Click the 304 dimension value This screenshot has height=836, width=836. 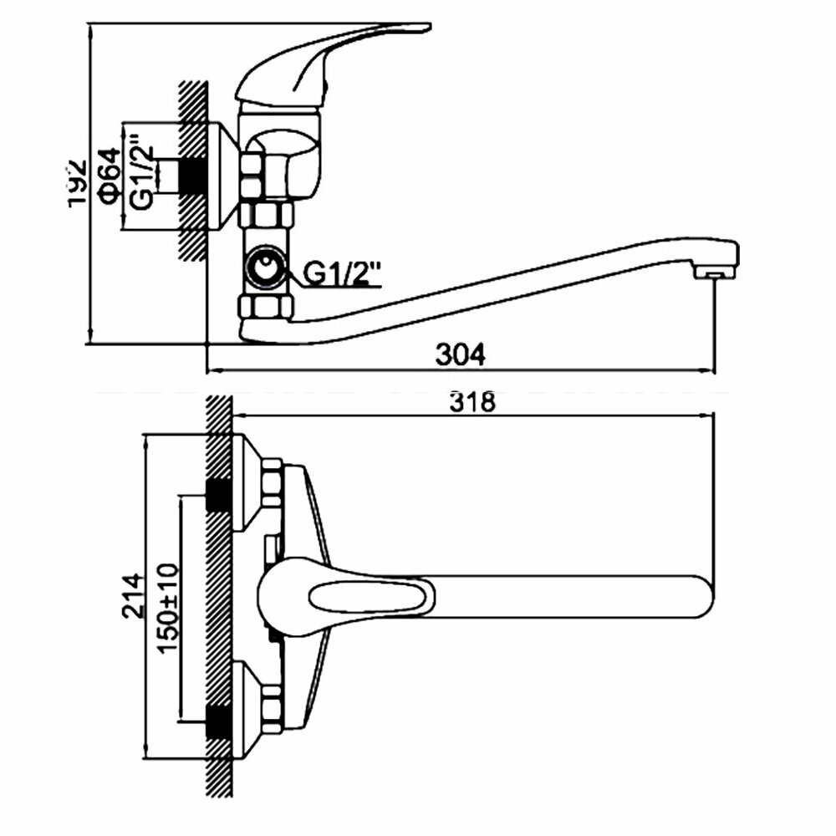460,354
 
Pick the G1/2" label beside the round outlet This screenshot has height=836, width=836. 342,273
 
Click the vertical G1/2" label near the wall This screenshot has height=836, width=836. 142,176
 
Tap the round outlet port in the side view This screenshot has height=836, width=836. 266,271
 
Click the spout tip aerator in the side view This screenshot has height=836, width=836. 712,272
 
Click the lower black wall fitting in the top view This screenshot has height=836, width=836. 218,721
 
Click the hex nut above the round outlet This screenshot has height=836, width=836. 267,216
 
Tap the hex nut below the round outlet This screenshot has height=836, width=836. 267,305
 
